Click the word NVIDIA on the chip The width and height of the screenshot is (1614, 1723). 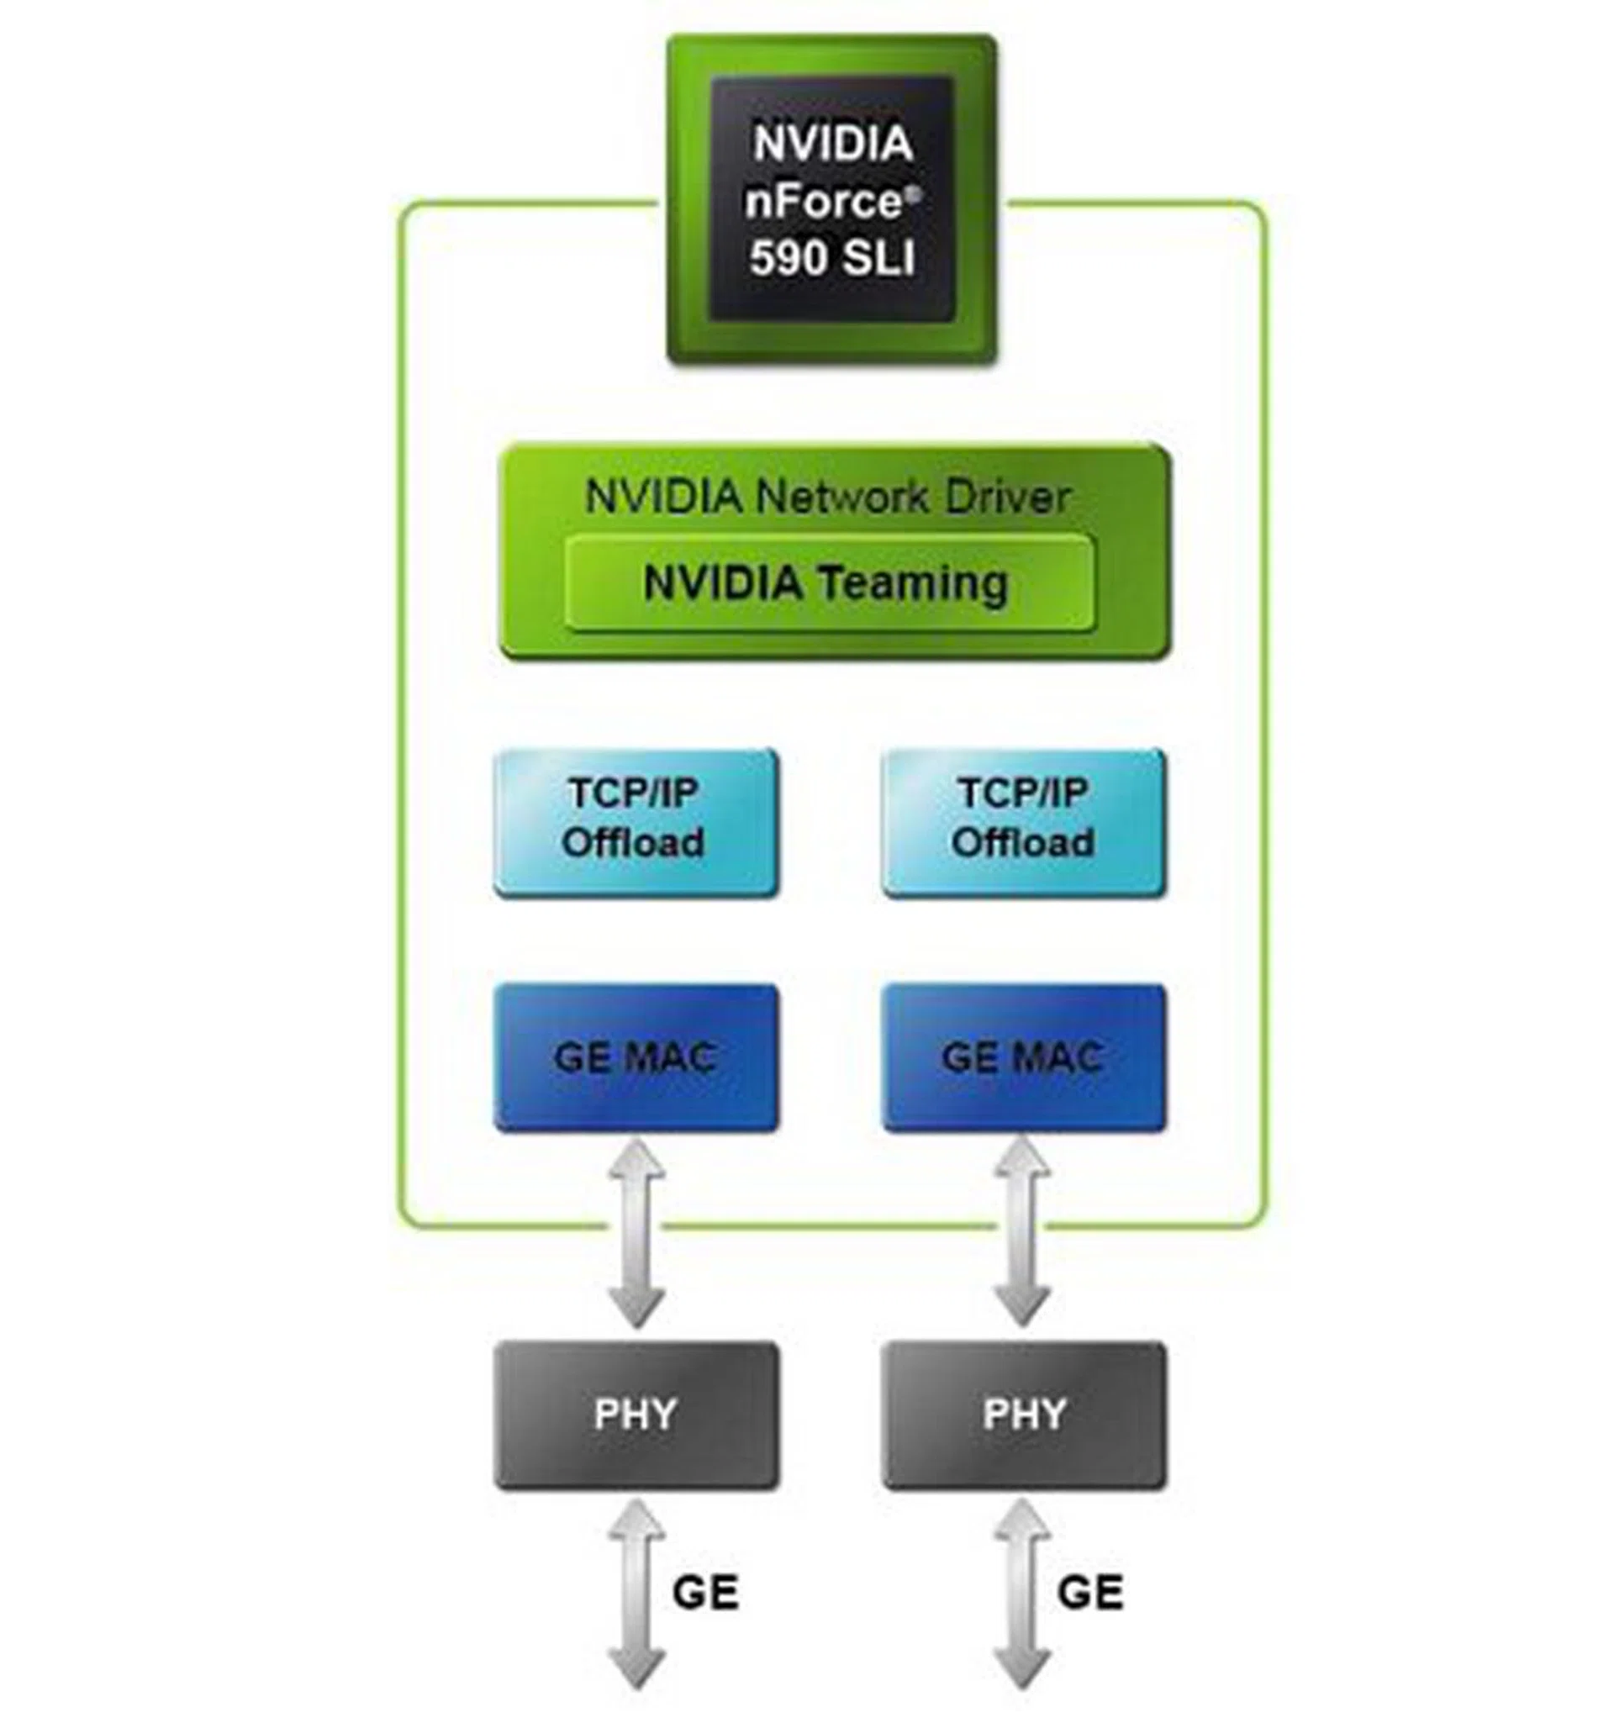click(x=831, y=144)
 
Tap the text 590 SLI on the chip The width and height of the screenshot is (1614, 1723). click(x=831, y=257)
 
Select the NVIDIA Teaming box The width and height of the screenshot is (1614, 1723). click(x=829, y=583)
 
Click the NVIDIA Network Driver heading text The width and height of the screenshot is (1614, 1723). click(x=827, y=498)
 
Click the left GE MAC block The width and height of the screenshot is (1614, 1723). click(x=636, y=1057)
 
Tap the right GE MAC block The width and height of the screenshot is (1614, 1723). click(x=1023, y=1057)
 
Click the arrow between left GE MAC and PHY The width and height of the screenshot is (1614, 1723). click(x=636, y=1234)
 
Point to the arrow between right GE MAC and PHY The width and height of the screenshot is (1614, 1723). click(x=1022, y=1234)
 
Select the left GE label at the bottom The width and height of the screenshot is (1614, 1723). click(x=704, y=1592)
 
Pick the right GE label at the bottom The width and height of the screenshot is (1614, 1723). click(x=1089, y=1592)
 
